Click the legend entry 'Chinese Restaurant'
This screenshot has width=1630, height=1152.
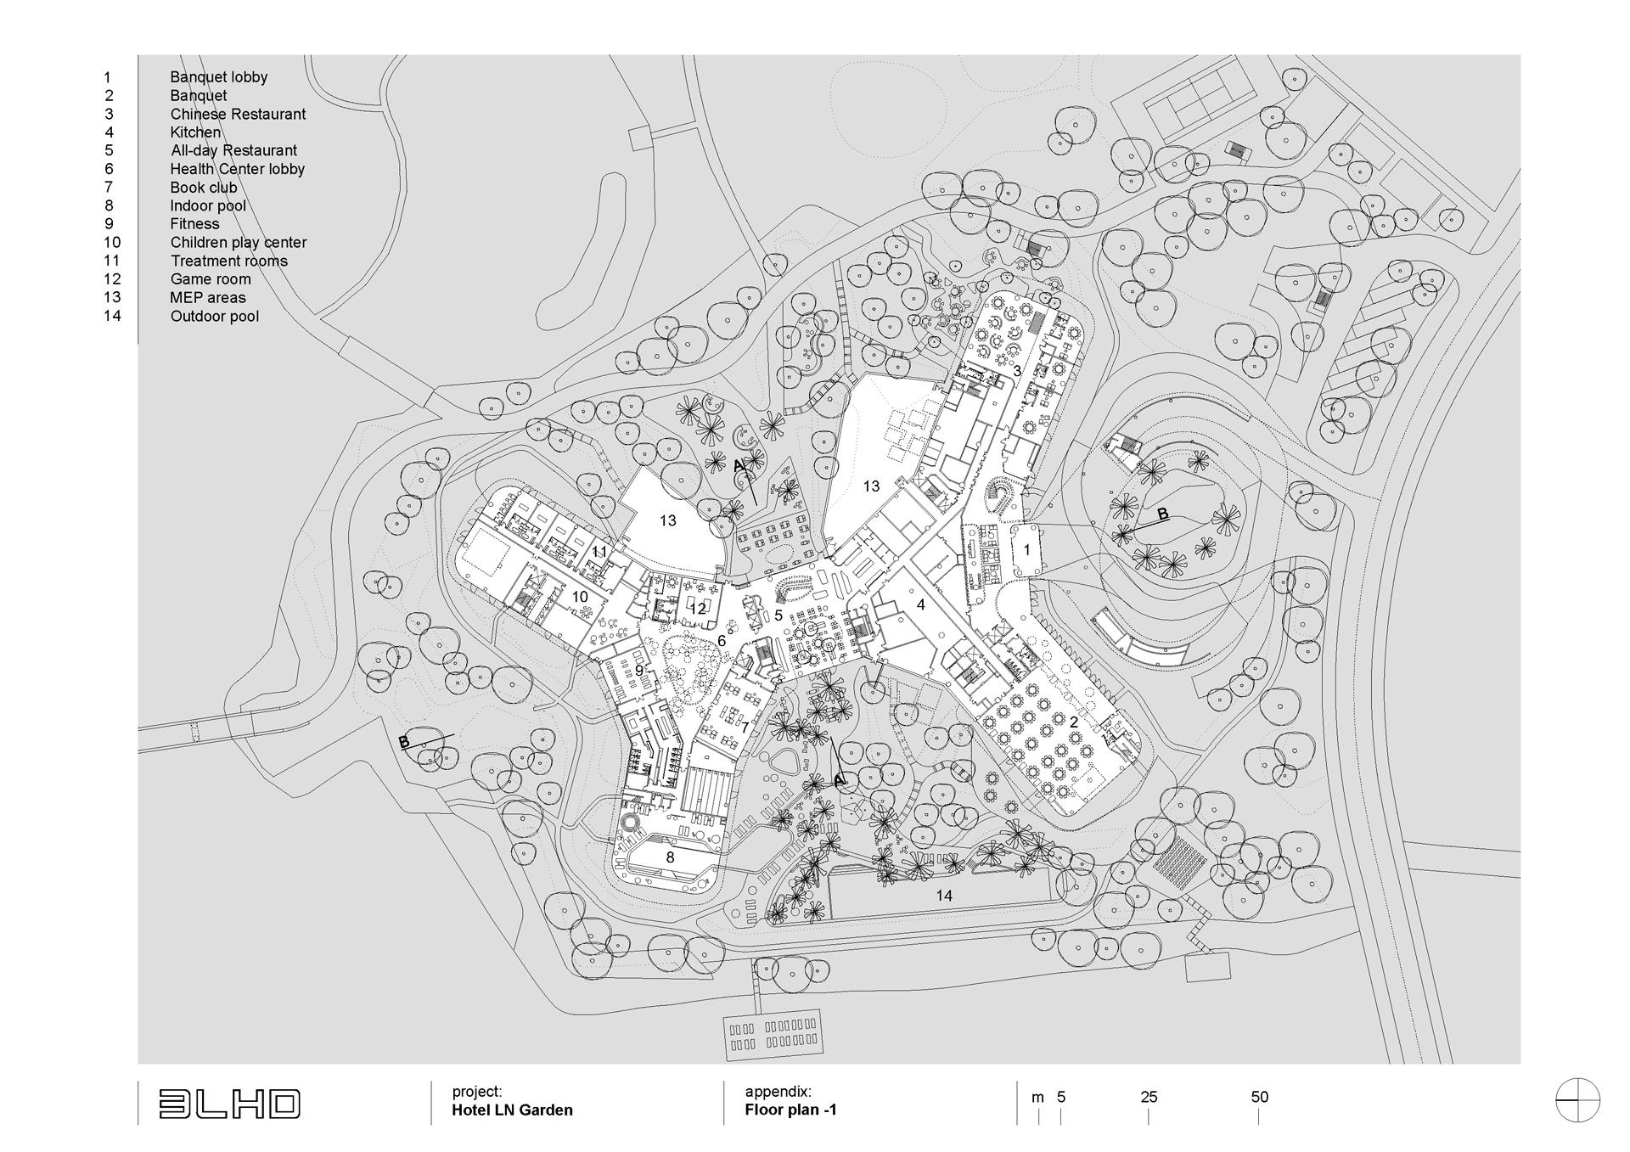pyautogui.click(x=238, y=114)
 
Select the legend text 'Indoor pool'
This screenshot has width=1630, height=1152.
pyautogui.click(x=208, y=205)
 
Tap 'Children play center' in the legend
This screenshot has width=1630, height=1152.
pyautogui.click(x=239, y=242)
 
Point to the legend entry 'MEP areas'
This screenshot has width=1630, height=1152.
pyautogui.click(x=208, y=297)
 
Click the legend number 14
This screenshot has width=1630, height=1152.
pyautogui.click(x=112, y=316)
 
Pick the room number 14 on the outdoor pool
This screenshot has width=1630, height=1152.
pyautogui.click(x=944, y=896)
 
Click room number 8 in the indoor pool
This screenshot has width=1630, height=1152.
pyautogui.click(x=670, y=857)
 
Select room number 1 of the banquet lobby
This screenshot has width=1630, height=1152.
pyautogui.click(x=1026, y=550)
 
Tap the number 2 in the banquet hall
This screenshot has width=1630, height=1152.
pyautogui.click(x=1073, y=722)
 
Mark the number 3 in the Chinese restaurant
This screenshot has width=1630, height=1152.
pyautogui.click(x=1017, y=371)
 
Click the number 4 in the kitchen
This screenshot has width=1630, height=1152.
pyautogui.click(x=920, y=605)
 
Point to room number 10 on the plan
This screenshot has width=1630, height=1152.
pyautogui.click(x=580, y=597)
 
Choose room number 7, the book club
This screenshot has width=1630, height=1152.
pyautogui.click(x=745, y=728)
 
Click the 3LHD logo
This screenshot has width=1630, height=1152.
pyautogui.click(x=229, y=1104)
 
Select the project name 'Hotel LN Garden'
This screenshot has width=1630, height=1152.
pyautogui.click(x=513, y=1110)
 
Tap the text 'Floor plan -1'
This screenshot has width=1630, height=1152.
pyautogui.click(x=791, y=1110)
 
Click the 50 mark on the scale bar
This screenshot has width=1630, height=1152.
pyautogui.click(x=1260, y=1097)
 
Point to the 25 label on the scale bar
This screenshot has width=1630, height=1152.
pyautogui.click(x=1149, y=1097)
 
